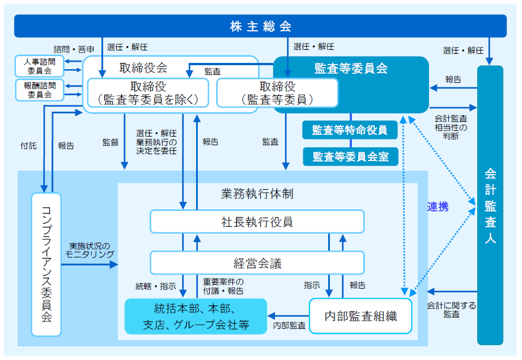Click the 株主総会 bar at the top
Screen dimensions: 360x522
pos(260,26)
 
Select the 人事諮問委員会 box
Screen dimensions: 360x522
pos(40,66)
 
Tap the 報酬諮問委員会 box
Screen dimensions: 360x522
pos(40,90)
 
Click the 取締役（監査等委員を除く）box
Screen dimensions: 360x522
pos(148,93)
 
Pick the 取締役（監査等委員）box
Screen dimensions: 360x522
pos(277,93)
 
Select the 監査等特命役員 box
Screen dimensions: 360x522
pos(350,130)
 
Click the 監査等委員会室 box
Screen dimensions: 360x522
pos(350,156)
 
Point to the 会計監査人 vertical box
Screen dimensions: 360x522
pos(490,205)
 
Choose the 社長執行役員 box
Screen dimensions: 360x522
pos(257,221)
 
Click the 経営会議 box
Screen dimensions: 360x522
pos(257,263)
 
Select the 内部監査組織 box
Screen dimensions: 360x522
pos(360,316)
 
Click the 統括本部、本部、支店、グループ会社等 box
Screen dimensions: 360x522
pos(196,316)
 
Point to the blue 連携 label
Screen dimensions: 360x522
pos(438,207)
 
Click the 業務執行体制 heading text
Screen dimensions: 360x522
pos(257,193)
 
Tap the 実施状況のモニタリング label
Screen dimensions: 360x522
pos(90,251)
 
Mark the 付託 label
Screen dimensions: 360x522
pos(28,146)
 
